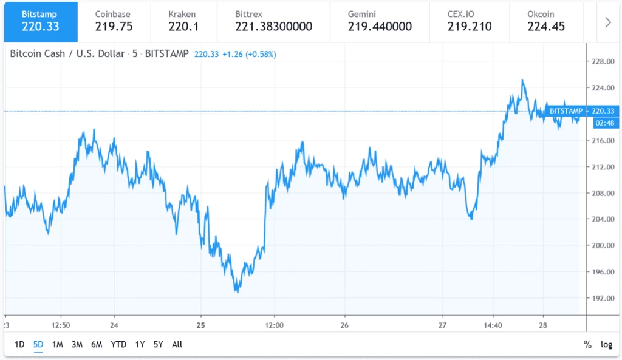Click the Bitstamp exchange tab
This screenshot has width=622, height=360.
(40, 21)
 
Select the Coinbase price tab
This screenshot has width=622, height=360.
(114, 21)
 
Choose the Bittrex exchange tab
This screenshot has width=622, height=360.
(273, 21)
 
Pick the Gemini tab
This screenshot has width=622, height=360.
(380, 21)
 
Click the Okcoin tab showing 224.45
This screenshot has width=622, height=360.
(546, 21)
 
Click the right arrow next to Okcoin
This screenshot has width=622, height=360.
(608, 22)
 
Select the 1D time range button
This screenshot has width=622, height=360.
(19, 344)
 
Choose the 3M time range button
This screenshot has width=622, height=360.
(77, 344)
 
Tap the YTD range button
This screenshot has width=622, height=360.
(118, 344)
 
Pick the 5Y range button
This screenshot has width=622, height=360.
(158, 344)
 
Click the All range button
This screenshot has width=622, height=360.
(177, 344)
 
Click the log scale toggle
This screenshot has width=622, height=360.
(606, 344)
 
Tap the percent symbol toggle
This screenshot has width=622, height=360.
(587, 344)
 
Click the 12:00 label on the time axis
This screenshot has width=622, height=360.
(275, 325)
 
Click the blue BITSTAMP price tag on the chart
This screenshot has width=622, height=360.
(566, 111)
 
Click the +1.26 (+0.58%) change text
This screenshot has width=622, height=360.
(249, 54)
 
